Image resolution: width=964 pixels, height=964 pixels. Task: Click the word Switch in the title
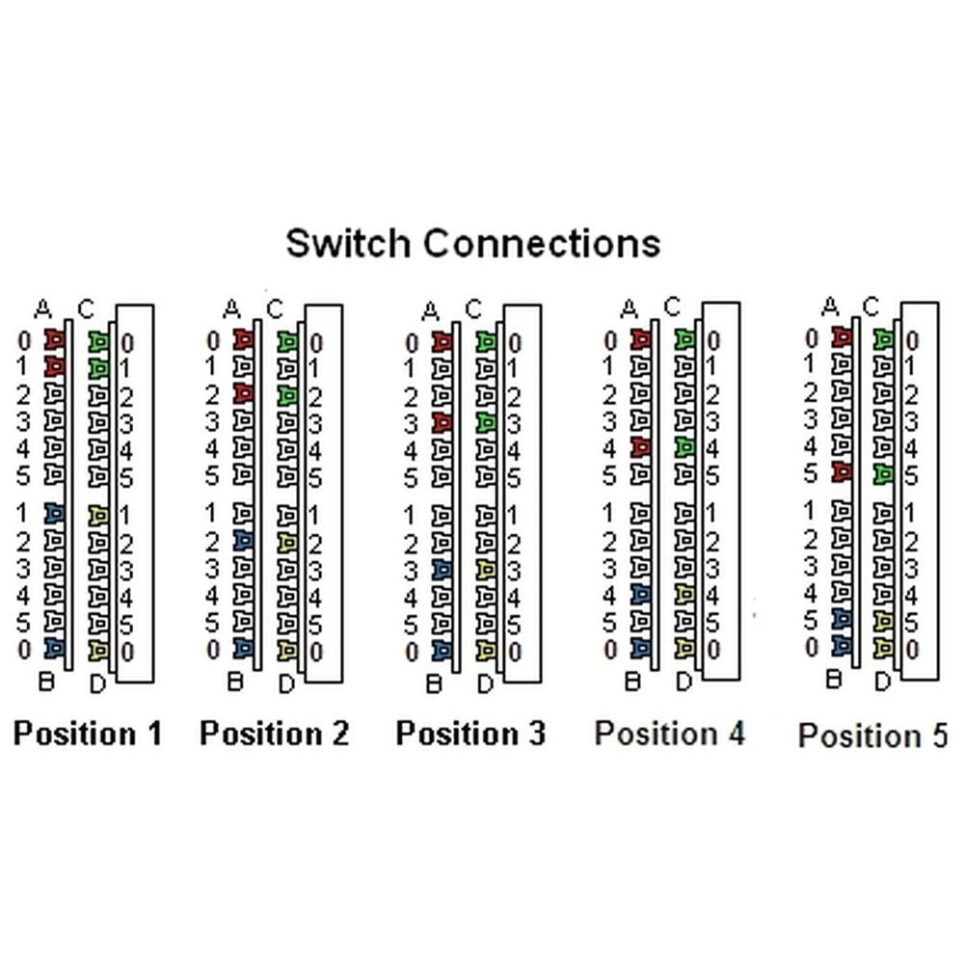(350, 242)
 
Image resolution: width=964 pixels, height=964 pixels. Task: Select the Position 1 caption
(88, 734)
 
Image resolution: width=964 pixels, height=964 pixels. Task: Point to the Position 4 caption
(670, 734)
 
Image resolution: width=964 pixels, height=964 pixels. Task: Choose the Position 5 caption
(872, 736)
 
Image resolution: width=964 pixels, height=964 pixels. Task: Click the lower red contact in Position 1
(54, 367)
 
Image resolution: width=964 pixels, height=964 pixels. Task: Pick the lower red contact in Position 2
(244, 393)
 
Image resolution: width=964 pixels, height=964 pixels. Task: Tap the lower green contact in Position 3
(487, 421)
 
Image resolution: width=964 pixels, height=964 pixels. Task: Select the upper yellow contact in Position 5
(882, 620)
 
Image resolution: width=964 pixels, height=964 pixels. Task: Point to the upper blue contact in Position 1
(54, 515)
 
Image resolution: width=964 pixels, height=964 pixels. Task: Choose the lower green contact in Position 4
(684, 446)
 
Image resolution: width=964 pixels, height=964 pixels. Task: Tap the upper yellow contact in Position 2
(287, 543)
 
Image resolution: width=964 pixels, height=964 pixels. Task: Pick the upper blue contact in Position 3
(442, 570)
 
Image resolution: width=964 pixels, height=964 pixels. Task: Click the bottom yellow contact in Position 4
(684, 647)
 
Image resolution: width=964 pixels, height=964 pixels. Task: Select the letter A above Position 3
(431, 310)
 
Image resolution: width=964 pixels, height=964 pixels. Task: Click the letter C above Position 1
(86, 308)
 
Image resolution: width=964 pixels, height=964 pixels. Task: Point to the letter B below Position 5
(835, 679)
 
